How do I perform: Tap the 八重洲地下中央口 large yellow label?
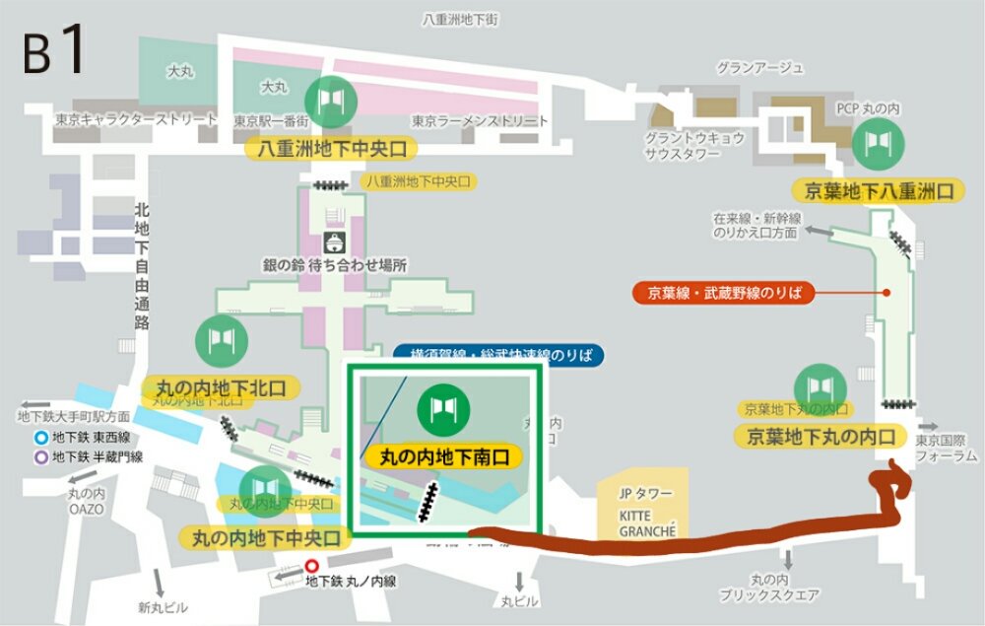coord(331,149)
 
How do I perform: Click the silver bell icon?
coord(333,242)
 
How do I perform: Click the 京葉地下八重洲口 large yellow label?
coord(877,190)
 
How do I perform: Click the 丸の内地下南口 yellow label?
coord(442,456)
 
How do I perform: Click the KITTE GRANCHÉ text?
coord(647,522)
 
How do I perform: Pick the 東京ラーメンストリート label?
coord(480,121)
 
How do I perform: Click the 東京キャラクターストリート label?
coord(136,119)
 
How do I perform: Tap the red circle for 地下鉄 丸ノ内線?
coord(312,567)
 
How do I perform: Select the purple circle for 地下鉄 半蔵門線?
coord(40,456)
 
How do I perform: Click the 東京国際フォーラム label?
coord(947,449)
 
